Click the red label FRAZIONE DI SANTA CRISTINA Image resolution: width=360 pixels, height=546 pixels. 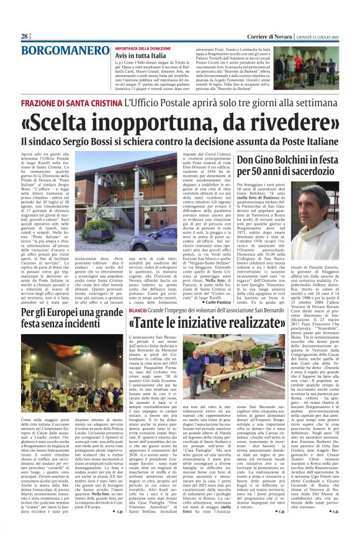pyautogui.click(x=71, y=102)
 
